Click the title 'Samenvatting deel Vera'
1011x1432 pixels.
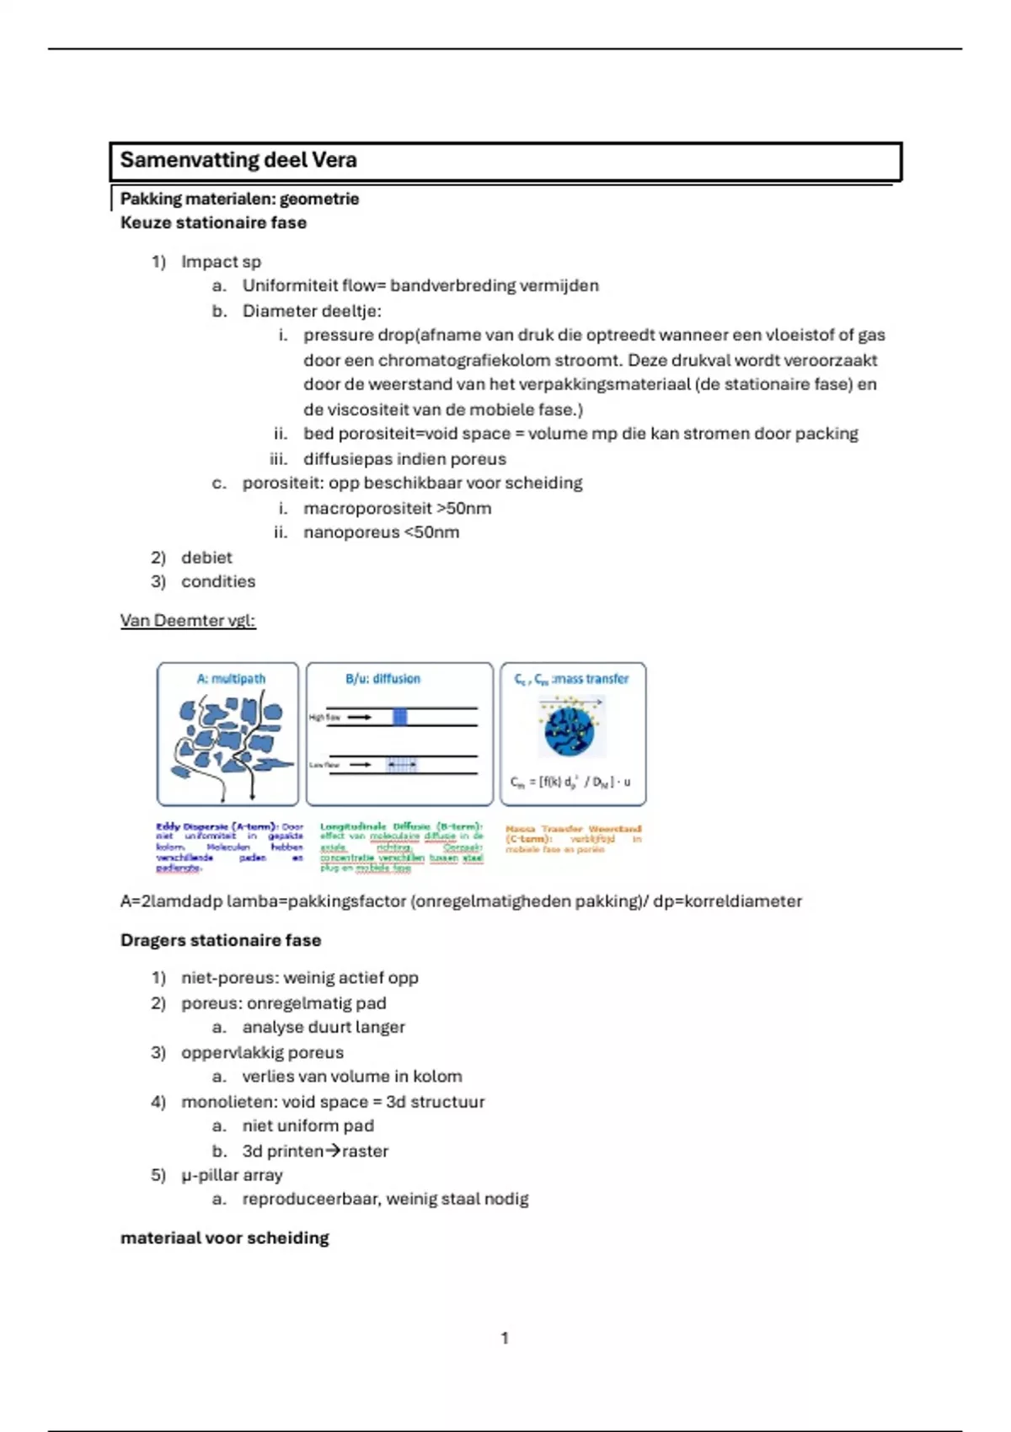(x=238, y=160)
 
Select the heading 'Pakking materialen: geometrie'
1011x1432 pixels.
(x=239, y=199)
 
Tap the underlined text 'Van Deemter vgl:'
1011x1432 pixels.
(x=188, y=621)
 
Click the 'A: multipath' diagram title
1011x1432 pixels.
(x=231, y=679)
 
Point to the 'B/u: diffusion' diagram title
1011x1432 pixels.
(x=382, y=679)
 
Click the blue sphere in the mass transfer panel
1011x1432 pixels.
(x=570, y=729)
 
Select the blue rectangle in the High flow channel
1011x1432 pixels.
(x=400, y=717)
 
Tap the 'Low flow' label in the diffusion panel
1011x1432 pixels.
(x=324, y=765)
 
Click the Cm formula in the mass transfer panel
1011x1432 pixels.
(x=570, y=783)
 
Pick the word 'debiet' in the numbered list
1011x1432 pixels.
(x=206, y=558)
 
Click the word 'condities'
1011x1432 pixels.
(x=218, y=582)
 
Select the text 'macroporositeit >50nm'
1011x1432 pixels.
(x=397, y=509)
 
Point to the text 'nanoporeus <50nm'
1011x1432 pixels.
(x=381, y=532)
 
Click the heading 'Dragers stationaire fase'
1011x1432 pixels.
(x=221, y=940)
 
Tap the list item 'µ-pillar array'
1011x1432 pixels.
(x=232, y=1175)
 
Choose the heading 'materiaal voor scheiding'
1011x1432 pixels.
(x=224, y=1238)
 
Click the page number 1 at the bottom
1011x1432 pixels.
(x=505, y=1338)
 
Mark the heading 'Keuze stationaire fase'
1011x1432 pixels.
(x=213, y=223)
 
